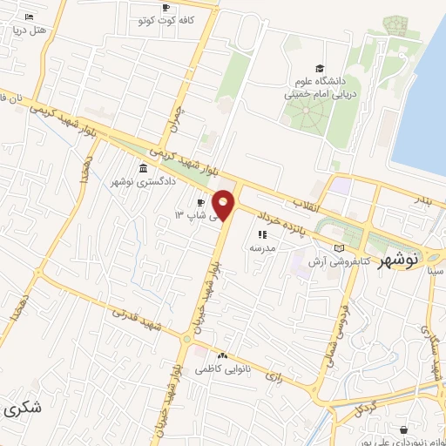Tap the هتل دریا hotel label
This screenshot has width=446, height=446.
click(x=28, y=30)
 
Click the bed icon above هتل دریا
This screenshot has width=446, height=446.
click(x=29, y=17)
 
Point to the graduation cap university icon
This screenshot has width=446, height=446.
click(x=320, y=68)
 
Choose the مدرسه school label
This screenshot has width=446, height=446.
click(x=262, y=247)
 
